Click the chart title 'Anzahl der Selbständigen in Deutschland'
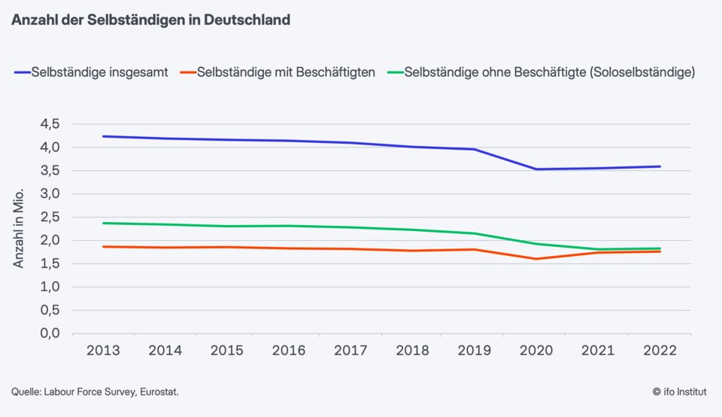(150, 20)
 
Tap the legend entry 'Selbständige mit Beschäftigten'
(285, 73)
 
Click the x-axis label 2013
(102, 350)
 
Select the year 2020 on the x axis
(536, 350)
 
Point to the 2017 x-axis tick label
(350, 350)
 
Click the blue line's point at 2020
(536, 169)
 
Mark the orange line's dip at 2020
(536, 259)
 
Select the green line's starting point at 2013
(102, 223)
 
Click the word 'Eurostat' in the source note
(159, 392)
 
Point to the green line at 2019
(475, 233)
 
